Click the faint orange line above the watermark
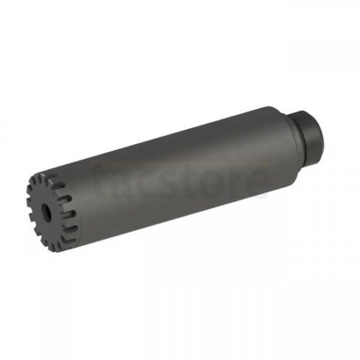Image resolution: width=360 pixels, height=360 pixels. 180,162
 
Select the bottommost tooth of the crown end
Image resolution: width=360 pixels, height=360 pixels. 54,246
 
